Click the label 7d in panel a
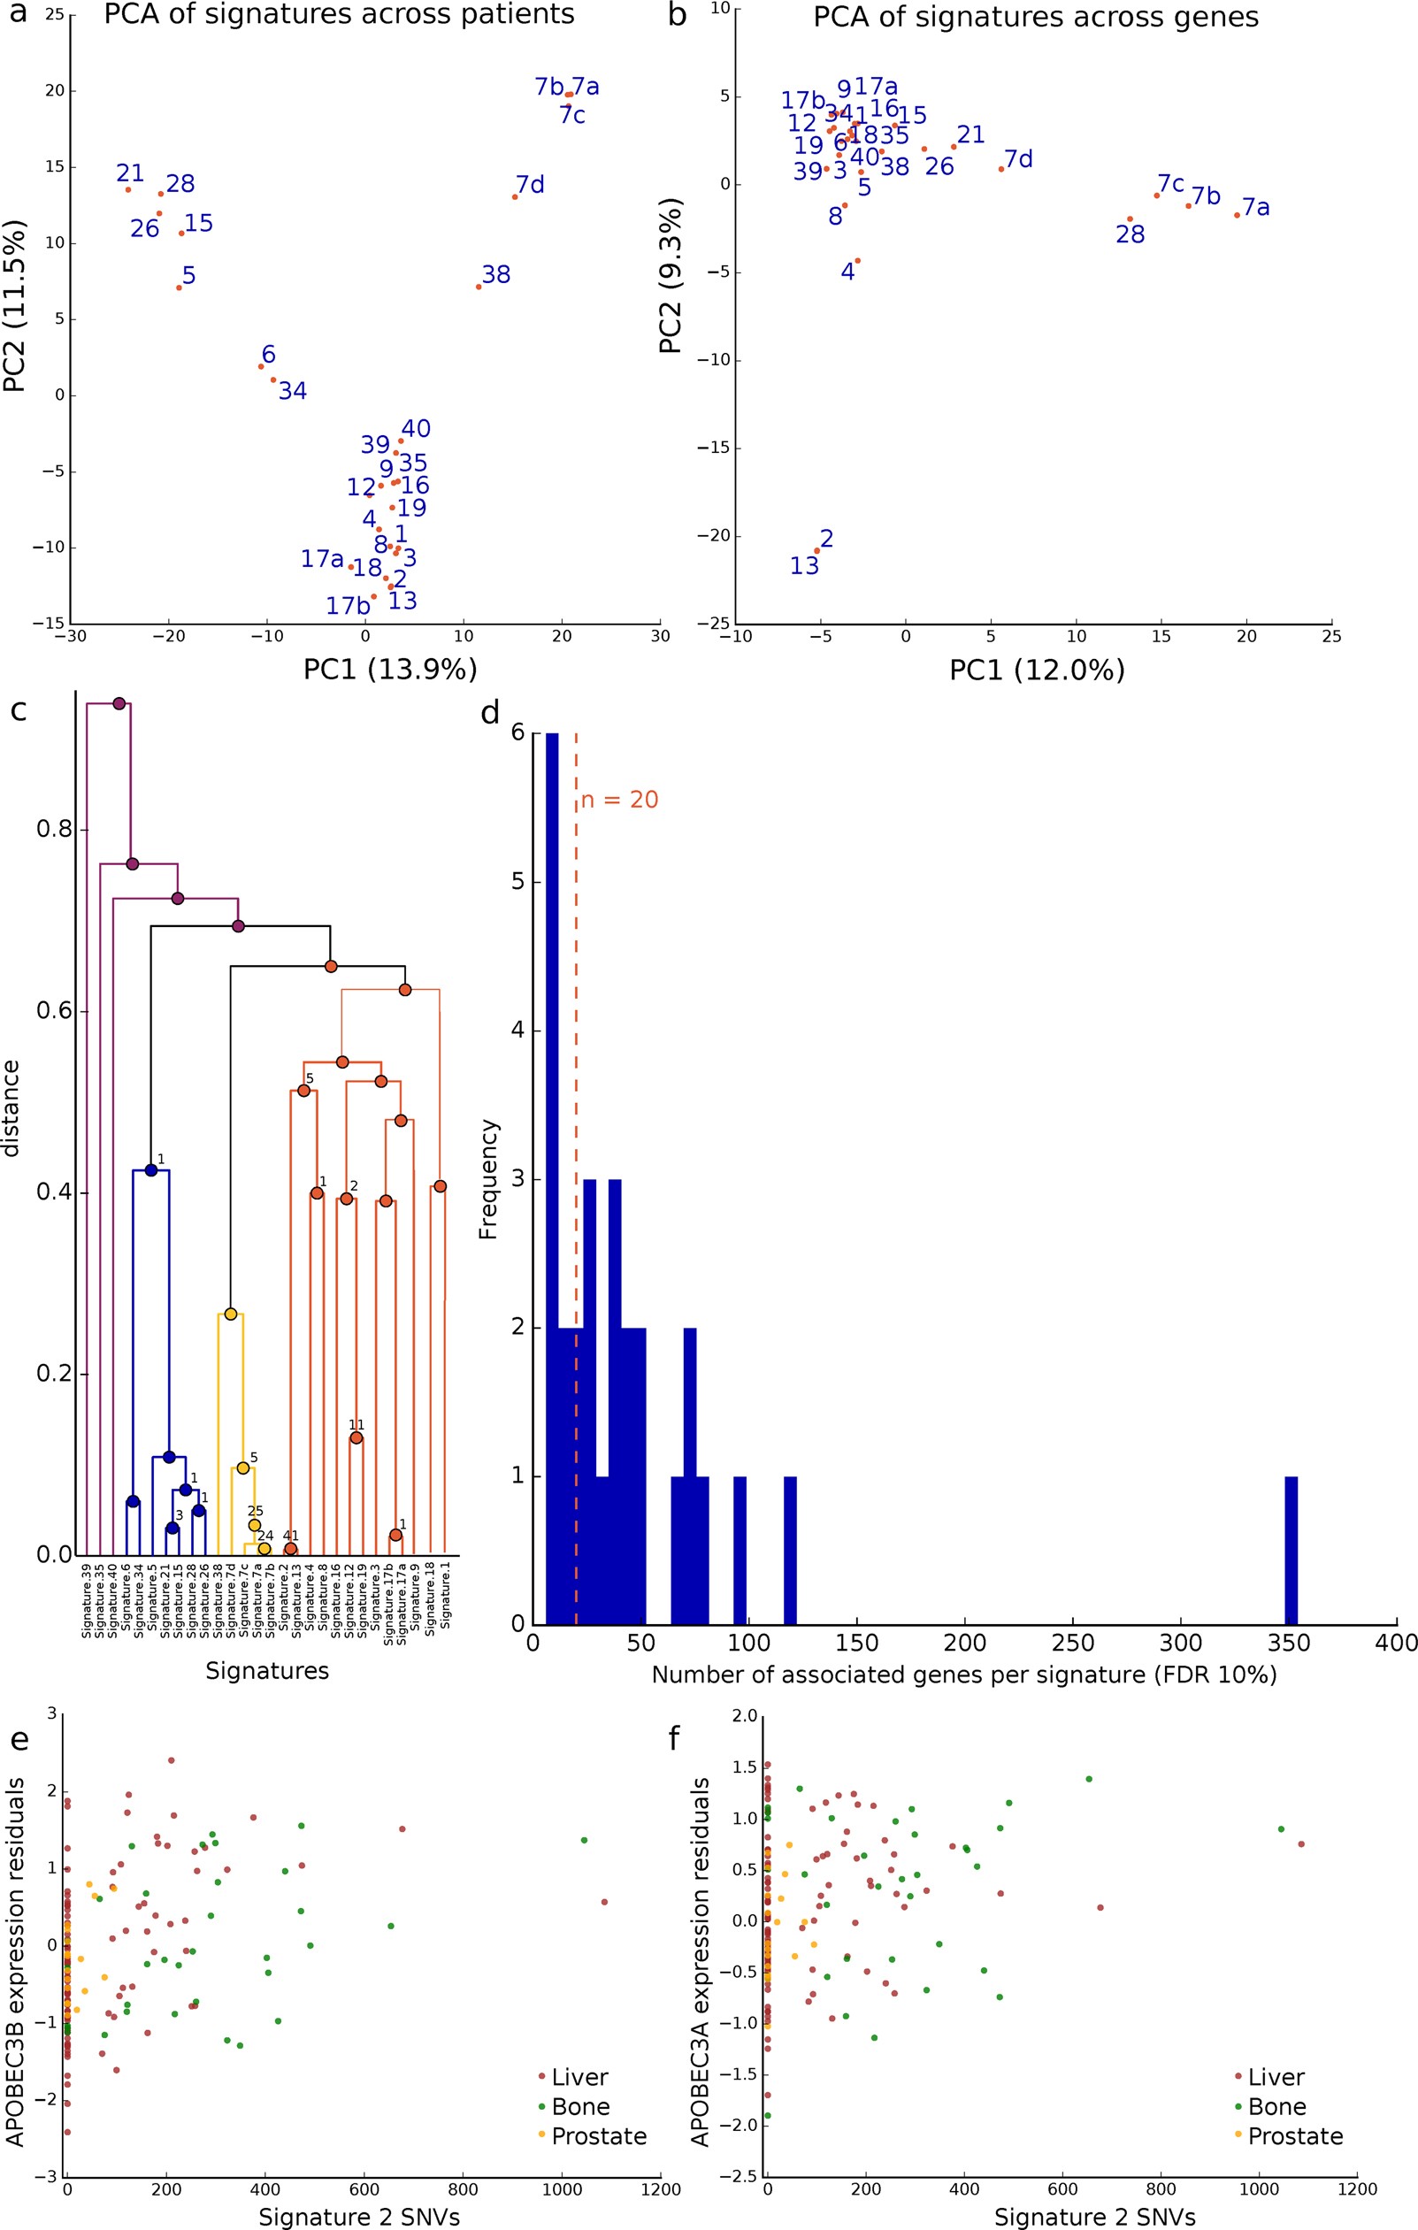tap(530, 184)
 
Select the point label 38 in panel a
tap(496, 275)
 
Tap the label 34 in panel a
tap(293, 391)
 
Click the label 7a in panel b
tap(1256, 208)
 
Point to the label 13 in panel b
tap(804, 565)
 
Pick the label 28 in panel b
tap(1130, 234)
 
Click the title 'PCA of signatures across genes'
tap(1036, 18)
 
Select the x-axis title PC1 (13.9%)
tap(390, 669)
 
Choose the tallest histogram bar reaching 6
tap(552, 1176)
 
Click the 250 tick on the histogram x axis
tap(1072, 1643)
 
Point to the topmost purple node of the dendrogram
tap(119, 704)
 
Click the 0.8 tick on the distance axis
tap(54, 829)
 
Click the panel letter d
tap(490, 713)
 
